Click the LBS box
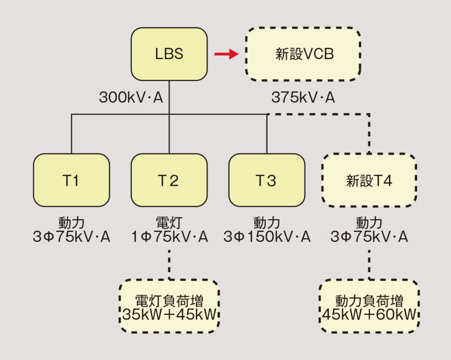(169, 54)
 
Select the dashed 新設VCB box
(303, 54)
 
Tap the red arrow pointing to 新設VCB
(225, 54)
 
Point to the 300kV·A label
(131, 97)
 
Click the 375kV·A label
(303, 97)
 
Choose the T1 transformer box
(71, 180)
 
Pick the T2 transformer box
(169, 180)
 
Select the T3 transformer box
(266, 180)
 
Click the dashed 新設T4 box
(369, 180)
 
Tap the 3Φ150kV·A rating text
(267, 238)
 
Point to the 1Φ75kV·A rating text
(170, 238)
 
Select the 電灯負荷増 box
(169, 306)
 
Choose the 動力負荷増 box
(369, 306)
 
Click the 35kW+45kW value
(170, 315)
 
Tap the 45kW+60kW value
(369, 315)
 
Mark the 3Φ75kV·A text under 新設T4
(369, 238)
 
